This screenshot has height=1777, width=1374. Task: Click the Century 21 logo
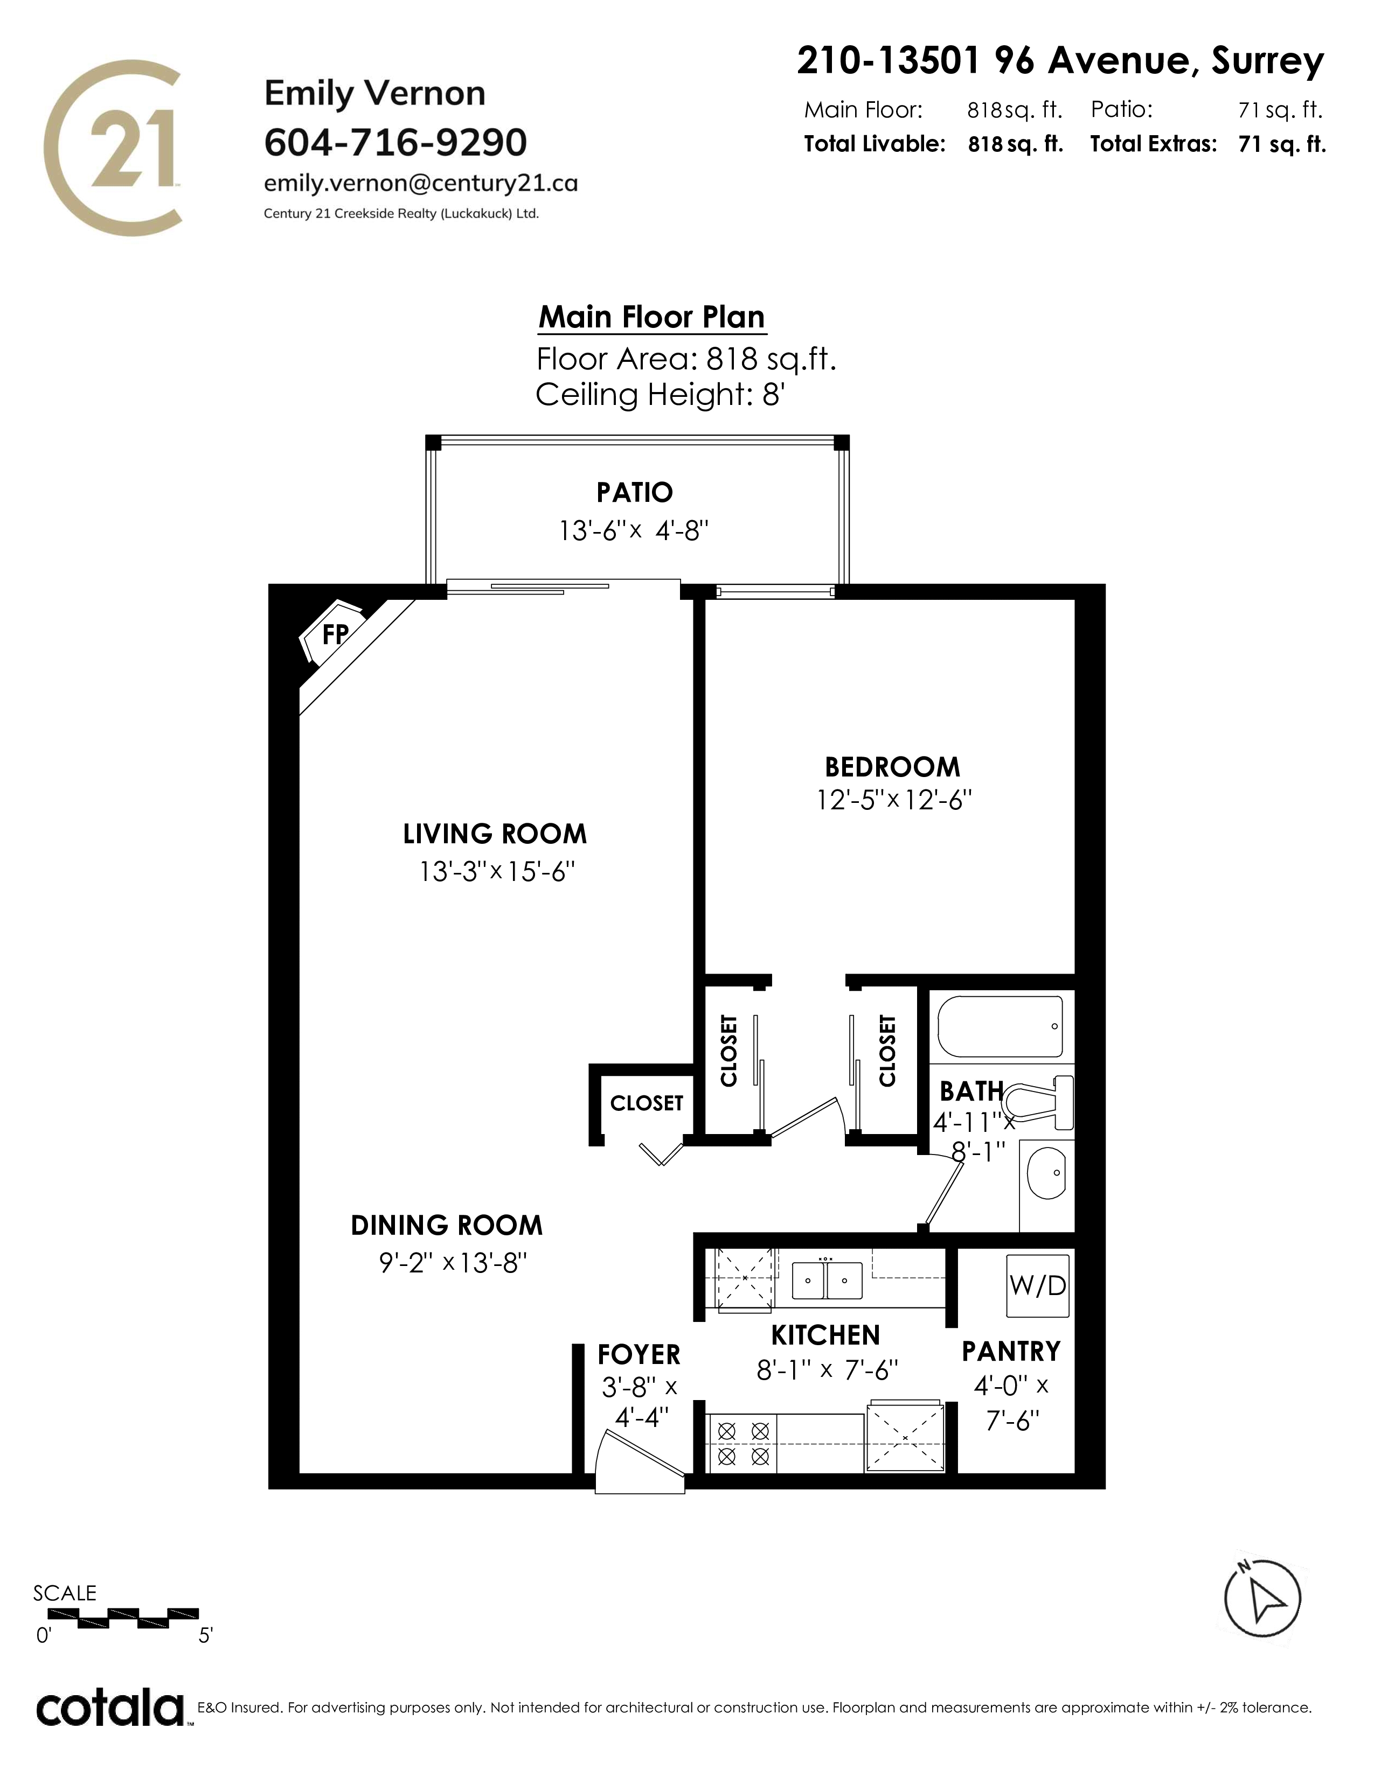coord(112,148)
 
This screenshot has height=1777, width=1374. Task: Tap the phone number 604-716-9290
coord(395,142)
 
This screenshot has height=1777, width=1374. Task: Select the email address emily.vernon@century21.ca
coord(421,183)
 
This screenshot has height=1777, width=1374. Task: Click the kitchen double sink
coord(826,1280)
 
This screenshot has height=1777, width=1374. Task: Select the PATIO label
coord(635,492)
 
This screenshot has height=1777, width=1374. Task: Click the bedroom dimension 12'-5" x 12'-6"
coord(894,801)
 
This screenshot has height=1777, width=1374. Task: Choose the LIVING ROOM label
coord(495,834)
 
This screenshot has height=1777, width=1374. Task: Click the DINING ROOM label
coord(447,1226)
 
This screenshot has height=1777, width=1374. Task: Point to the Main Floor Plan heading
coord(652,317)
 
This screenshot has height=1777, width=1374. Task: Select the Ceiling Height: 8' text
coord(660,395)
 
